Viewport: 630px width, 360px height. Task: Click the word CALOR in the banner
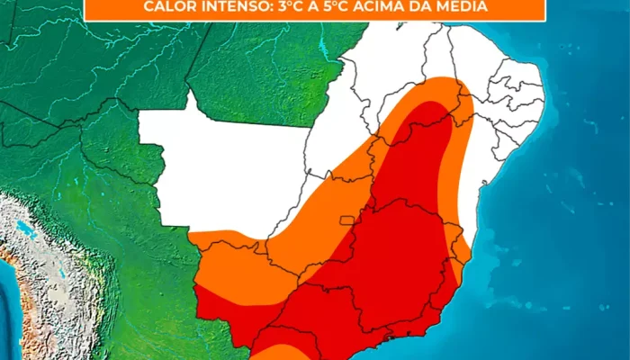click(x=167, y=7)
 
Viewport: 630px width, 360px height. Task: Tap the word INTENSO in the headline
click(x=233, y=7)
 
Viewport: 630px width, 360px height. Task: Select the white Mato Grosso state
click(x=225, y=171)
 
